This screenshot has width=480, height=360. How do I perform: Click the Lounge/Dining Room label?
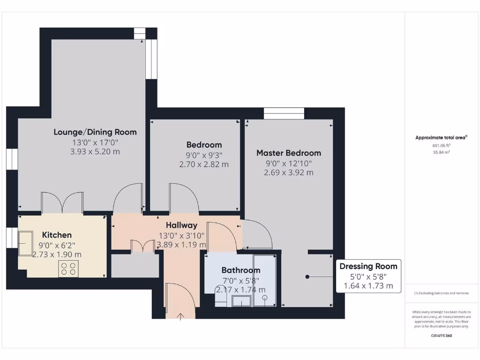pos(95,132)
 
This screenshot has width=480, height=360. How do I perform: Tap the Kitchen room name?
pos(57,235)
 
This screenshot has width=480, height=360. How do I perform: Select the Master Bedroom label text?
pos(288,153)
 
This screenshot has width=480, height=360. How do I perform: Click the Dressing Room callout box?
pos(368,276)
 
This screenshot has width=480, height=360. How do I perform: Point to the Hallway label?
pos(181,225)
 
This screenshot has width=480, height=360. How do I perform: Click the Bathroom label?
pos(240,270)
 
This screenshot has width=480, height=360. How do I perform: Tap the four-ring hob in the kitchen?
pos(68,269)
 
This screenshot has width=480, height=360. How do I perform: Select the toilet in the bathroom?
pos(221,300)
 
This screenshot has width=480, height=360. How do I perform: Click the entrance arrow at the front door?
pos(181,316)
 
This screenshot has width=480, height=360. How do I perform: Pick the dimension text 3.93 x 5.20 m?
pos(95,151)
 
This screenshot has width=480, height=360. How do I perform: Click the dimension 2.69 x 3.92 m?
pos(288,172)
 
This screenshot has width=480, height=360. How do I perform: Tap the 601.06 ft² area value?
pos(441,145)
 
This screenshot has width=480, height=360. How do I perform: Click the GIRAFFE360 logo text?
pos(441,336)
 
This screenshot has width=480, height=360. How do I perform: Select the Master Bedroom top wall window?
pos(284,113)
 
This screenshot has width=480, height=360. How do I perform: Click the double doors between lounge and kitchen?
pos(62,202)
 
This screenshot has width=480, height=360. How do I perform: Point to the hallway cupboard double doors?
pos(143,247)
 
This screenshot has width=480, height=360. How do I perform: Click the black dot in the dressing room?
pos(307,277)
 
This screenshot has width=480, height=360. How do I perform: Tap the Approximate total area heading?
pos(441,137)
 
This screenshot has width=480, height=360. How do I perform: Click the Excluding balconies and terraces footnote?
pos(441,293)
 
